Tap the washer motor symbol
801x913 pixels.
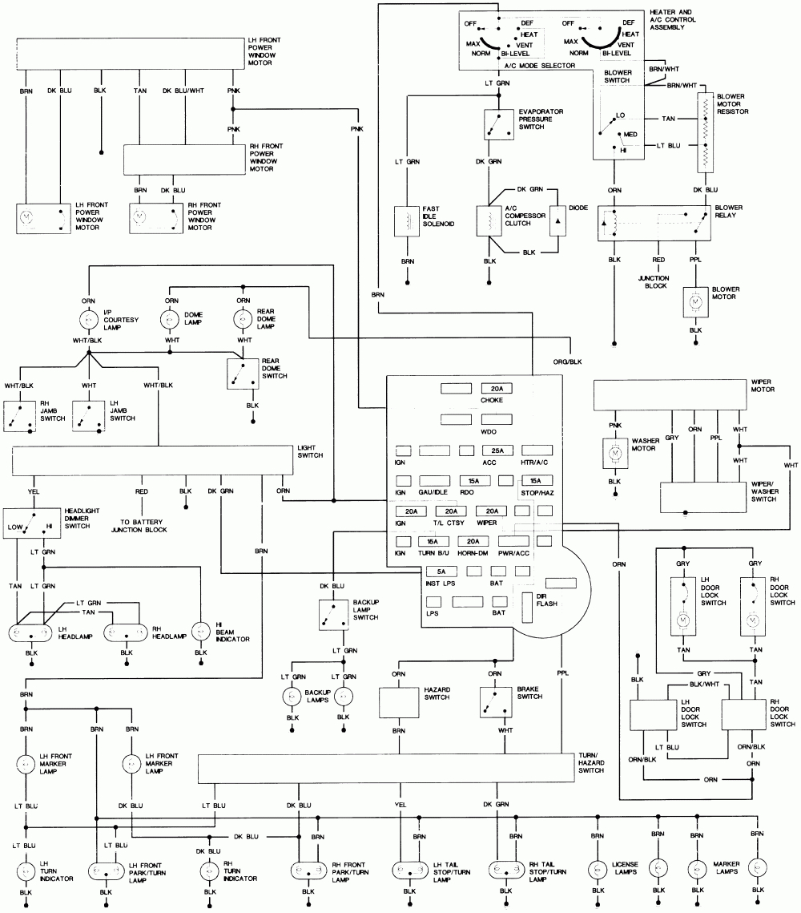point(614,454)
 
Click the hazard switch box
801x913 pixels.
point(398,703)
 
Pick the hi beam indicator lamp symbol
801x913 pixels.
point(200,631)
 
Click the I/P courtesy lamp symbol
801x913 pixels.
point(86,320)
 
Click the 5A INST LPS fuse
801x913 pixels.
point(441,572)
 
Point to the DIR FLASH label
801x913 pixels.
point(547,600)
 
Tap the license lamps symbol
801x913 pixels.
point(596,870)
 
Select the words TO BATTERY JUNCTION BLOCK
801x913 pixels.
point(143,525)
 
